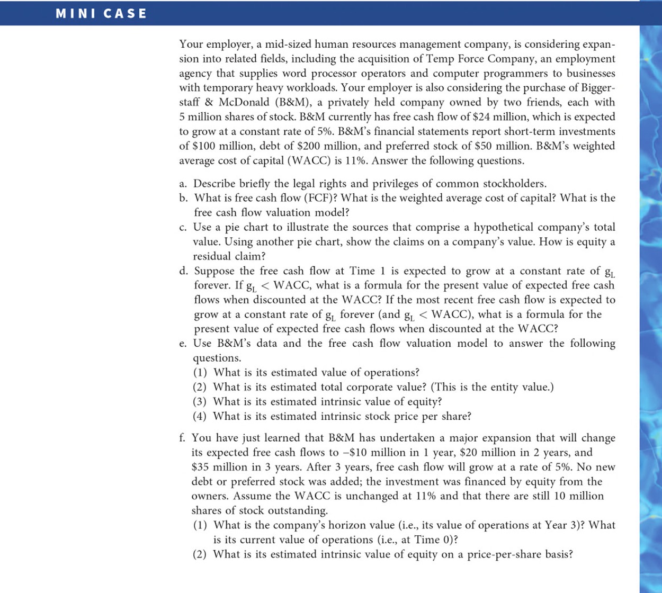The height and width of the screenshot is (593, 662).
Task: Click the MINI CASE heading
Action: click(101, 13)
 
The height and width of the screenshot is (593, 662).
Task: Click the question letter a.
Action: click(183, 184)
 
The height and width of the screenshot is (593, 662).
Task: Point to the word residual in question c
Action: click(212, 256)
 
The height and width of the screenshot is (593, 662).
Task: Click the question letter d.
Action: click(183, 271)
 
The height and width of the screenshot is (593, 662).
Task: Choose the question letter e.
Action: click(183, 343)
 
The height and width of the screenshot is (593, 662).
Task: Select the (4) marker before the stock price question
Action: click(200, 416)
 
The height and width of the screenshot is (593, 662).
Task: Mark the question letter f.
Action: click(182, 438)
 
